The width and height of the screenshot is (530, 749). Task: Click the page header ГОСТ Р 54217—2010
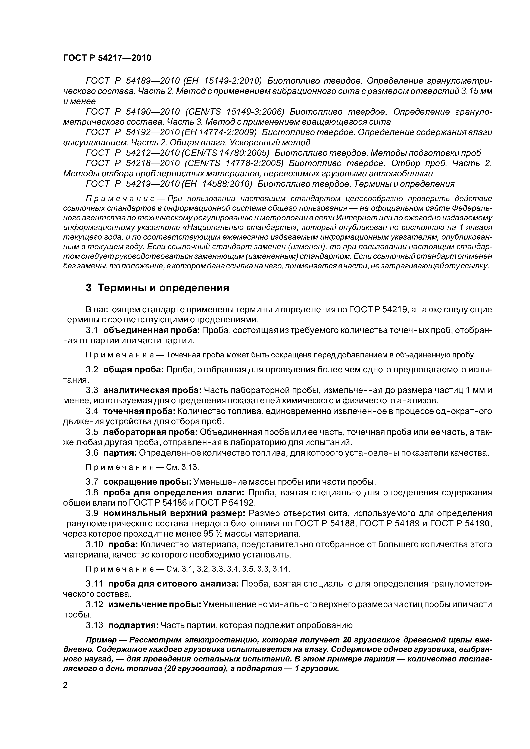coord(107,58)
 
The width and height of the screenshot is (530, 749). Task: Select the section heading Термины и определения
coord(163,288)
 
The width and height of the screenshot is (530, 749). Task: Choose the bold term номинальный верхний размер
coord(174,513)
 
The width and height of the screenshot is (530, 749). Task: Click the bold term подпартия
coord(133,625)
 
